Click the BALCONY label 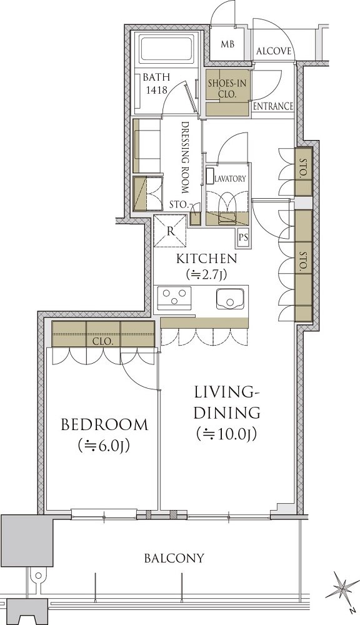coord(174,557)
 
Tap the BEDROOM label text coord(104,424)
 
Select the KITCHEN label coord(207,259)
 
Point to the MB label coord(227,44)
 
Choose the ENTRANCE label coord(274,106)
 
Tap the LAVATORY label coord(231,179)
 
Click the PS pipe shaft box coord(243,237)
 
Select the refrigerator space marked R coord(170,231)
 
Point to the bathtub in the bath coord(167,49)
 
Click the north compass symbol coord(341,588)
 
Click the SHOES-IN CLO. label coord(227,89)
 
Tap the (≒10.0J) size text coord(226,434)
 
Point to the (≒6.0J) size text coord(104,446)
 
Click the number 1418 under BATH coord(156,90)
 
